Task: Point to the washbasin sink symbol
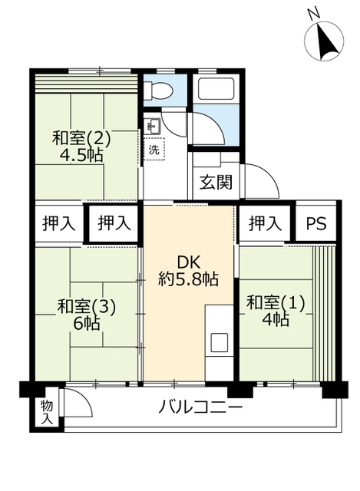pyautogui.click(x=154, y=126)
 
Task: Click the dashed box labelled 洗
pyautogui.click(x=154, y=149)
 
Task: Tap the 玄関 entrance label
pyautogui.click(x=216, y=182)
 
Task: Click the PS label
pyautogui.click(x=315, y=223)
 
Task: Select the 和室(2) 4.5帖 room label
pyautogui.click(x=81, y=146)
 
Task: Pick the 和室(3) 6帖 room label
pyautogui.click(x=87, y=315)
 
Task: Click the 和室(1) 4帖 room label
pyautogui.click(x=276, y=311)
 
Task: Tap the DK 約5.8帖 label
pyautogui.click(x=188, y=271)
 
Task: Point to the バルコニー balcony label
pyautogui.click(x=200, y=407)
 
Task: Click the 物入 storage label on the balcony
pyautogui.click(x=47, y=413)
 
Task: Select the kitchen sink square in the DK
pyautogui.click(x=219, y=342)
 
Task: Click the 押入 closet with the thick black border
pyautogui.click(x=114, y=223)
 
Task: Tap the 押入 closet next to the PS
pyautogui.click(x=265, y=223)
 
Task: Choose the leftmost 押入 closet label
pyautogui.click(x=58, y=223)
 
